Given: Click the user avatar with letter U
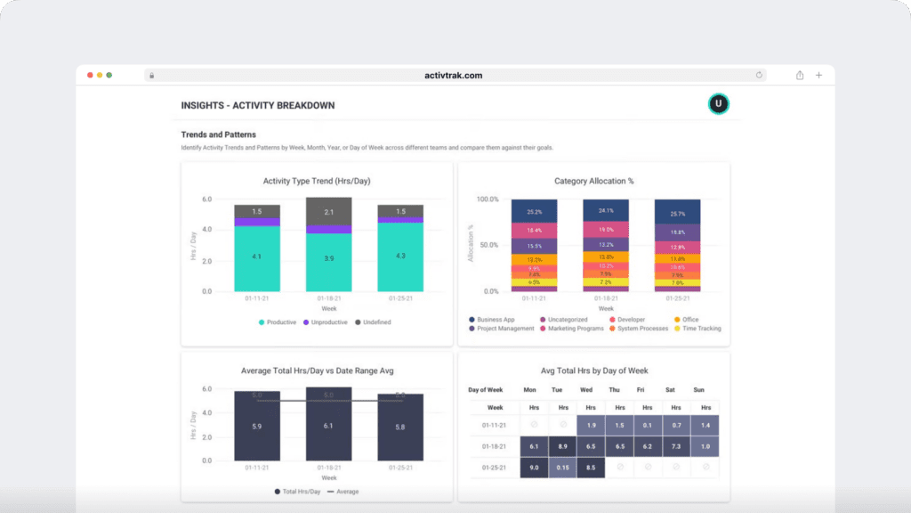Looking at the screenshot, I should pyautogui.click(x=718, y=104).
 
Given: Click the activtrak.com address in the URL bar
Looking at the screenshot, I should pyautogui.click(x=454, y=76).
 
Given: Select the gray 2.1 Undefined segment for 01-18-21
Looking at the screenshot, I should pyautogui.click(x=328, y=211).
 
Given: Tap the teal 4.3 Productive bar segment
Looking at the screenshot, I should pyautogui.click(x=399, y=256).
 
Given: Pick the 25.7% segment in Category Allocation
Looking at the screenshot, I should pyautogui.click(x=677, y=214).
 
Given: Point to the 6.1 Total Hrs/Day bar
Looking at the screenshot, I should pyautogui.click(x=328, y=427).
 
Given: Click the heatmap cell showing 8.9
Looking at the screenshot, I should pyautogui.click(x=561, y=446).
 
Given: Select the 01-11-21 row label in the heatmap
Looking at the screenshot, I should pyautogui.click(x=495, y=426).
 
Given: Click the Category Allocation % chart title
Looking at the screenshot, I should pyautogui.click(x=593, y=181).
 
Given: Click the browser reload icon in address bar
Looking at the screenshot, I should pyautogui.click(x=760, y=76).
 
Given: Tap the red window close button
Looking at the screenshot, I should pyautogui.click(x=90, y=75).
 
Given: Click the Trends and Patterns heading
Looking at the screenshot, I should pyautogui.click(x=218, y=134).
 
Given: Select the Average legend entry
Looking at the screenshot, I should pyautogui.click(x=343, y=492).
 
